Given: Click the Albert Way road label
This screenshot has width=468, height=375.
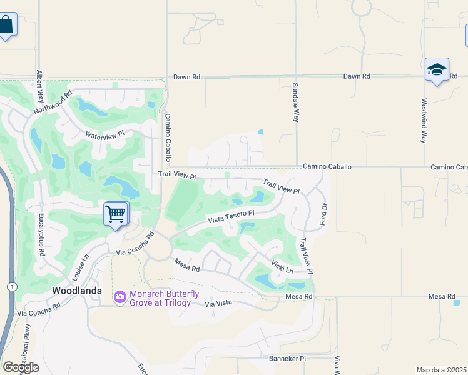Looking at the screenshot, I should coord(40,87).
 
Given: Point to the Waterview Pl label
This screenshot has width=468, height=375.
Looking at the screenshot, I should coord(105,134).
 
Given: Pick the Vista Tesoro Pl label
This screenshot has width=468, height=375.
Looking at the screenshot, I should coord(231,217).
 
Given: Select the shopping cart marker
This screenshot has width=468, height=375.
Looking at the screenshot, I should coord(116,214).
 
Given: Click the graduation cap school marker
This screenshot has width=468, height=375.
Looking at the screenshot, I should coord(437,69).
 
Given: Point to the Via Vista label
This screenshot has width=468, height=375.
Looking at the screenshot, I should coord(218,304).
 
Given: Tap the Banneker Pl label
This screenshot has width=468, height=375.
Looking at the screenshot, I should coord(287,359).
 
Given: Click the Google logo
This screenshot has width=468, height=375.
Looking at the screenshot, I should coord(21,367).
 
